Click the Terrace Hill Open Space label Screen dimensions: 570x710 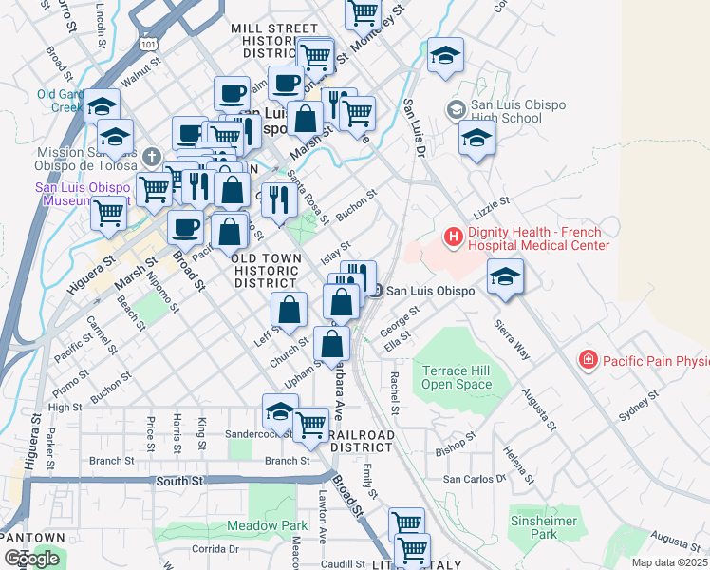[457, 377]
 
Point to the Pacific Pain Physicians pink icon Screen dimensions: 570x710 [589, 360]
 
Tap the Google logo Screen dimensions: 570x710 [31, 559]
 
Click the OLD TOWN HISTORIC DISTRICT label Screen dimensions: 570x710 [268, 270]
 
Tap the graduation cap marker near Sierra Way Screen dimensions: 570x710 [505, 276]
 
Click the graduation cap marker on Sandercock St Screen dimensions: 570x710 [279, 412]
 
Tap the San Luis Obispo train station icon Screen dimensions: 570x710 [376, 291]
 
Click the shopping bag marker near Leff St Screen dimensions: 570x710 [289, 309]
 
